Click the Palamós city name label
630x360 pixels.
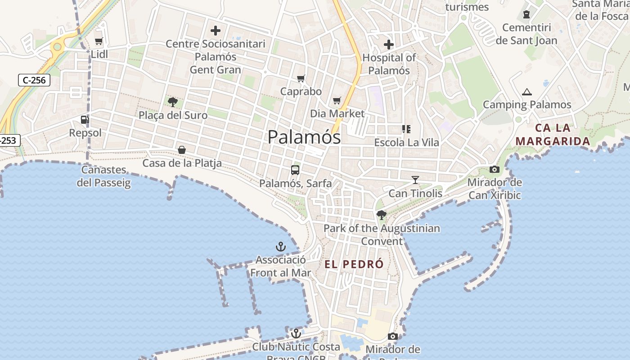pyautogui.click(x=304, y=137)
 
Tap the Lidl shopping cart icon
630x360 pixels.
pyautogui.click(x=99, y=41)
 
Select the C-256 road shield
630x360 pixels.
pyautogui.click(x=34, y=81)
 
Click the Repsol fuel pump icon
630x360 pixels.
pyautogui.click(x=85, y=120)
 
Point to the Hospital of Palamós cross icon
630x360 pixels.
pyautogui.click(x=389, y=45)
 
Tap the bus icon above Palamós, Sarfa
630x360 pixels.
pyautogui.click(x=295, y=170)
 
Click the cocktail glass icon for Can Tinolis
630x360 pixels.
pyautogui.click(x=415, y=180)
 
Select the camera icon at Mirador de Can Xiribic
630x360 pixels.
pyautogui.click(x=494, y=170)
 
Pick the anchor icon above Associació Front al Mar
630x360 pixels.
pyautogui.click(x=281, y=247)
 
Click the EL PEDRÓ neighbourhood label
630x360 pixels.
pyautogui.click(x=354, y=264)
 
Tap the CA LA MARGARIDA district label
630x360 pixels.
pyautogui.click(x=553, y=135)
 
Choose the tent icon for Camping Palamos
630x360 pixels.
pyautogui.click(x=527, y=92)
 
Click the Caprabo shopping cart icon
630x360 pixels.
pyautogui.click(x=301, y=79)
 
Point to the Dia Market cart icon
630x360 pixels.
pyautogui.click(x=337, y=101)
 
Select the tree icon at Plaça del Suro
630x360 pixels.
pyautogui.click(x=172, y=102)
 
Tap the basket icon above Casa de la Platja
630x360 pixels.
pyautogui.click(x=182, y=150)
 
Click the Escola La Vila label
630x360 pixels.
pyautogui.click(x=407, y=142)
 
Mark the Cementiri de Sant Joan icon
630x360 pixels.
pyautogui.click(x=526, y=15)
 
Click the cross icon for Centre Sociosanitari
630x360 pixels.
pyautogui.click(x=216, y=31)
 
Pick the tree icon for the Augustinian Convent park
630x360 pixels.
pyautogui.click(x=382, y=215)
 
